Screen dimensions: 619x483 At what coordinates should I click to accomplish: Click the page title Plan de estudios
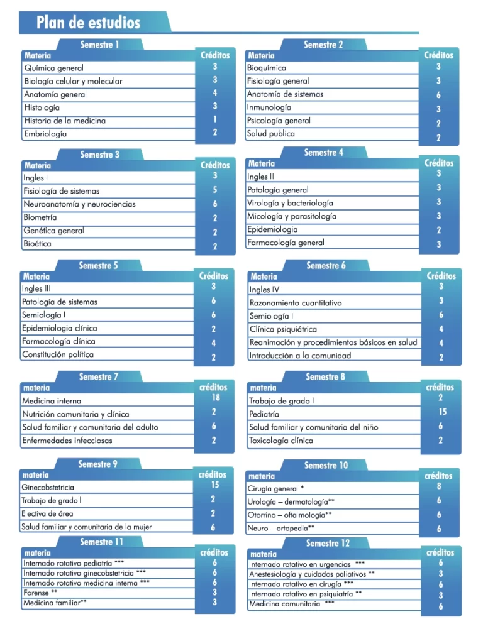pyautogui.click(x=88, y=23)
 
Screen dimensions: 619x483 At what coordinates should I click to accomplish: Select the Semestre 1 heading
pyautogui.click(x=99, y=45)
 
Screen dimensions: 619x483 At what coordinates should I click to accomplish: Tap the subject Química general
pyautogui.click(x=53, y=68)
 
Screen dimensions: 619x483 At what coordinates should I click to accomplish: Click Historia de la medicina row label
pyautogui.click(x=64, y=121)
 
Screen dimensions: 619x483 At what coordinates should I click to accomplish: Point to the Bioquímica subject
pyautogui.click(x=267, y=68)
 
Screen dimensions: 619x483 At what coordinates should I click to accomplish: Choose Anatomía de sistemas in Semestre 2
pyautogui.click(x=285, y=94)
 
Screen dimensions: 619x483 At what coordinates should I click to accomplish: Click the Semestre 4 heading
pyautogui.click(x=324, y=153)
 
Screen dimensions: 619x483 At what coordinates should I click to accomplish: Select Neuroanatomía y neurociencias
pyautogui.click(x=79, y=204)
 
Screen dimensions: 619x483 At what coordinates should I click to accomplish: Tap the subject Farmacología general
pyautogui.click(x=286, y=243)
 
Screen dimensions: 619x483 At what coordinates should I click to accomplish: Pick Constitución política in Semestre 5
pyautogui.click(x=58, y=354)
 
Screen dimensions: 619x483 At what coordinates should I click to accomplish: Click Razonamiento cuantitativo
pyautogui.click(x=296, y=303)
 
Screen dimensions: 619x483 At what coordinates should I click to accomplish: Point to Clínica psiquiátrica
pyautogui.click(x=283, y=329)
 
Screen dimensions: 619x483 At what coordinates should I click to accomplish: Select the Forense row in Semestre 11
pyautogui.click(x=36, y=593)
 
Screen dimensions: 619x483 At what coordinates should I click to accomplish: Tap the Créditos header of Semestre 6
pyautogui.click(x=441, y=276)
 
